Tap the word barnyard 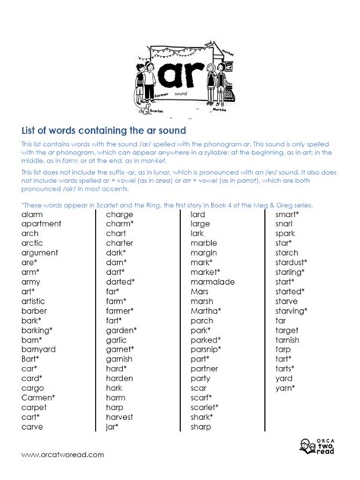pyautogui.click(x=39, y=349)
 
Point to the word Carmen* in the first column pyautogui.click(x=38, y=397)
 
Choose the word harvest pyautogui.click(x=120, y=417)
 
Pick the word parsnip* pyautogui.click(x=207, y=349)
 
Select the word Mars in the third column pyautogui.click(x=199, y=291)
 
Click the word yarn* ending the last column pyautogui.click(x=286, y=387)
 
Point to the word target pyautogui.click(x=287, y=330)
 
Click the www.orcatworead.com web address pyautogui.click(x=63, y=454)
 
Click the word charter pyautogui.click(x=120, y=243)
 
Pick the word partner pyautogui.click(x=204, y=368)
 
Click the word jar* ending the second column pyautogui.click(x=113, y=426)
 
